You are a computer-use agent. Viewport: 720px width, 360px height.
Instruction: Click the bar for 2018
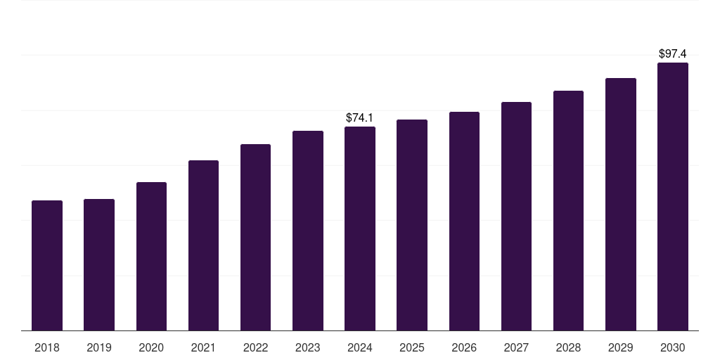click(x=47, y=266)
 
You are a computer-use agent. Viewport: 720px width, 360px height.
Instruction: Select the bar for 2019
click(x=99, y=265)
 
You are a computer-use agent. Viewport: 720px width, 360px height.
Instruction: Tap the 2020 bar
click(x=151, y=257)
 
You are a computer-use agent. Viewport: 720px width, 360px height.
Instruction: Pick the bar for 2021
click(x=203, y=245)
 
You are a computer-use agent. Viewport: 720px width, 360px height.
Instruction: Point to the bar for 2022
click(x=255, y=238)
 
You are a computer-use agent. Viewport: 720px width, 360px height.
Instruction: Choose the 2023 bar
click(x=308, y=231)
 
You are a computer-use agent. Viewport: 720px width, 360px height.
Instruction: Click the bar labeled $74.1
click(x=360, y=229)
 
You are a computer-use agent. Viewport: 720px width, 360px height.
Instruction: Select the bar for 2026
click(x=464, y=221)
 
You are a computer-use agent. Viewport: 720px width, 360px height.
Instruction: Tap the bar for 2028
click(x=568, y=211)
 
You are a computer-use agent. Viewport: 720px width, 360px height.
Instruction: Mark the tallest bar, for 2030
click(x=672, y=197)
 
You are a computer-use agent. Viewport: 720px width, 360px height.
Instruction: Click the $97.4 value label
click(x=672, y=53)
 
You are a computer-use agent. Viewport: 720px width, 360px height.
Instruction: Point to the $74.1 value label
click(x=360, y=117)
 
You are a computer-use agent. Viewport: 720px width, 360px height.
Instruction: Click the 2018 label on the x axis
click(x=47, y=347)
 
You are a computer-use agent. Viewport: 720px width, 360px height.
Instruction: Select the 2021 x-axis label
click(x=203, y=347)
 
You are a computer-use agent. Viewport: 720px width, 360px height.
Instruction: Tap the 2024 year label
click(x=360, y=347)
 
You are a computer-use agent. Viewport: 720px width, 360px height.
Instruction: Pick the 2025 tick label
click(x=412, y=347)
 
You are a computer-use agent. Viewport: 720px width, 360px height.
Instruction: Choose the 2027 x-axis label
click(x=516, y=347)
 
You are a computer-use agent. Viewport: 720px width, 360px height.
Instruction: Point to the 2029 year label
click(x=620, y=347)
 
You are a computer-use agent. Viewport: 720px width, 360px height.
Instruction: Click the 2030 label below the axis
click(x=672, y=347)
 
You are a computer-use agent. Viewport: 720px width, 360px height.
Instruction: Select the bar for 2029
click(x=620, y=205)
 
